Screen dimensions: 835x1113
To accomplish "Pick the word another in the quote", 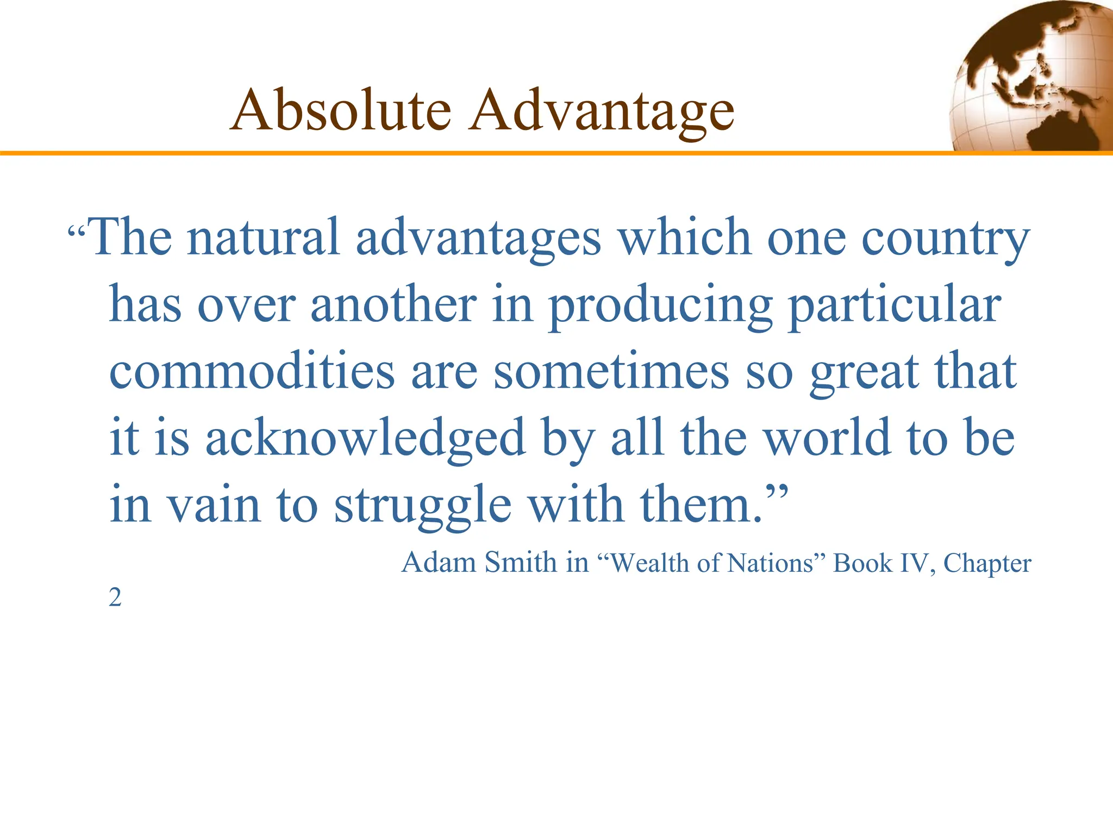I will (393, 304).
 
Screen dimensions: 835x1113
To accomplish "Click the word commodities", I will (252, 371).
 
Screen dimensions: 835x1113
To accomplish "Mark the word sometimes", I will (611, 371).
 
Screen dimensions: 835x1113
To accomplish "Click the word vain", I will (213, 504).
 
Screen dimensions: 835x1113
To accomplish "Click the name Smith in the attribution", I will (521, 562).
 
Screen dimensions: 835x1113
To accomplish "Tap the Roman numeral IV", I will (917, 563).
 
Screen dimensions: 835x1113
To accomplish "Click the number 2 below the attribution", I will (115, 598).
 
